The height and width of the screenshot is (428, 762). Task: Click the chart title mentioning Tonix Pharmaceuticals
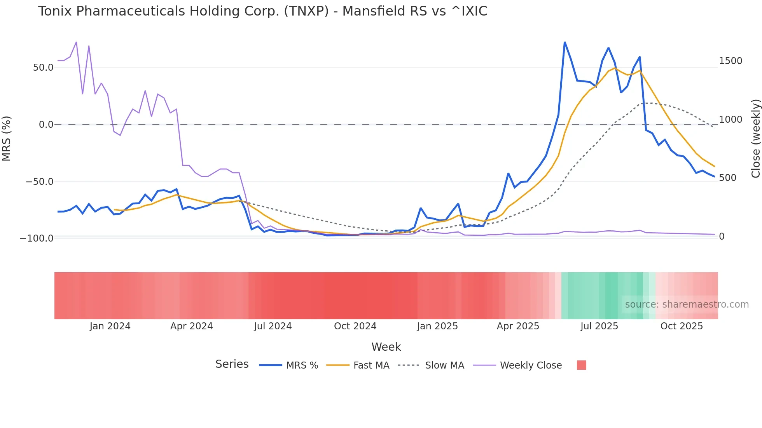pyautogui.click(x=262, y=11)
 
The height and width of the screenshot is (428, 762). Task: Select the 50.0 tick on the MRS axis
pyautogui.click(x=43, y=68)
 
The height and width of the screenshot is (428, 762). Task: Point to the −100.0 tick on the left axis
pyautogui.click(x=37, y=238)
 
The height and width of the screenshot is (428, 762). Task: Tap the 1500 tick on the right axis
pyautogui.click(x=731, y=61)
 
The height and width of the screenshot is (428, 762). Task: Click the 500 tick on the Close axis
pyautogui.click(x=727, y=178)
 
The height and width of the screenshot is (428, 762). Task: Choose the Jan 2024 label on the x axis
pyautogui.click(x=110, y=326)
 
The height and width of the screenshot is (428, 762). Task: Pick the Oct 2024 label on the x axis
pyautogui.click(x=355, y=326)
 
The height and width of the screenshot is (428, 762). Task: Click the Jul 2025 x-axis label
pyautogui.click(x=599, y=326)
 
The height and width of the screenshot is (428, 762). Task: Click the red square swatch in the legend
pyautogui.click(x=581, y=365)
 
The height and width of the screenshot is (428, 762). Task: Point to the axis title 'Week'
pyautogui.click(x=386, y=347)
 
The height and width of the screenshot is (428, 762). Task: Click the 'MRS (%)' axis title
pyautogui.click(x=7, y=138)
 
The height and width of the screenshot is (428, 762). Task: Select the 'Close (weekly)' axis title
pyautogui.click(x=755, y=138)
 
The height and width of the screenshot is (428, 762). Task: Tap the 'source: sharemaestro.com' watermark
pyautogui.click(x=687, y=304)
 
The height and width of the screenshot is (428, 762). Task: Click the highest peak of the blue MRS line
pyautogui.click(x=565, y=42)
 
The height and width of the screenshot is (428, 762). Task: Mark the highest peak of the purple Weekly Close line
pyautogui.click(x=76, y=42)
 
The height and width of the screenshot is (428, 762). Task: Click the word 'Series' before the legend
pyautogui.click(x=232, y=364)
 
